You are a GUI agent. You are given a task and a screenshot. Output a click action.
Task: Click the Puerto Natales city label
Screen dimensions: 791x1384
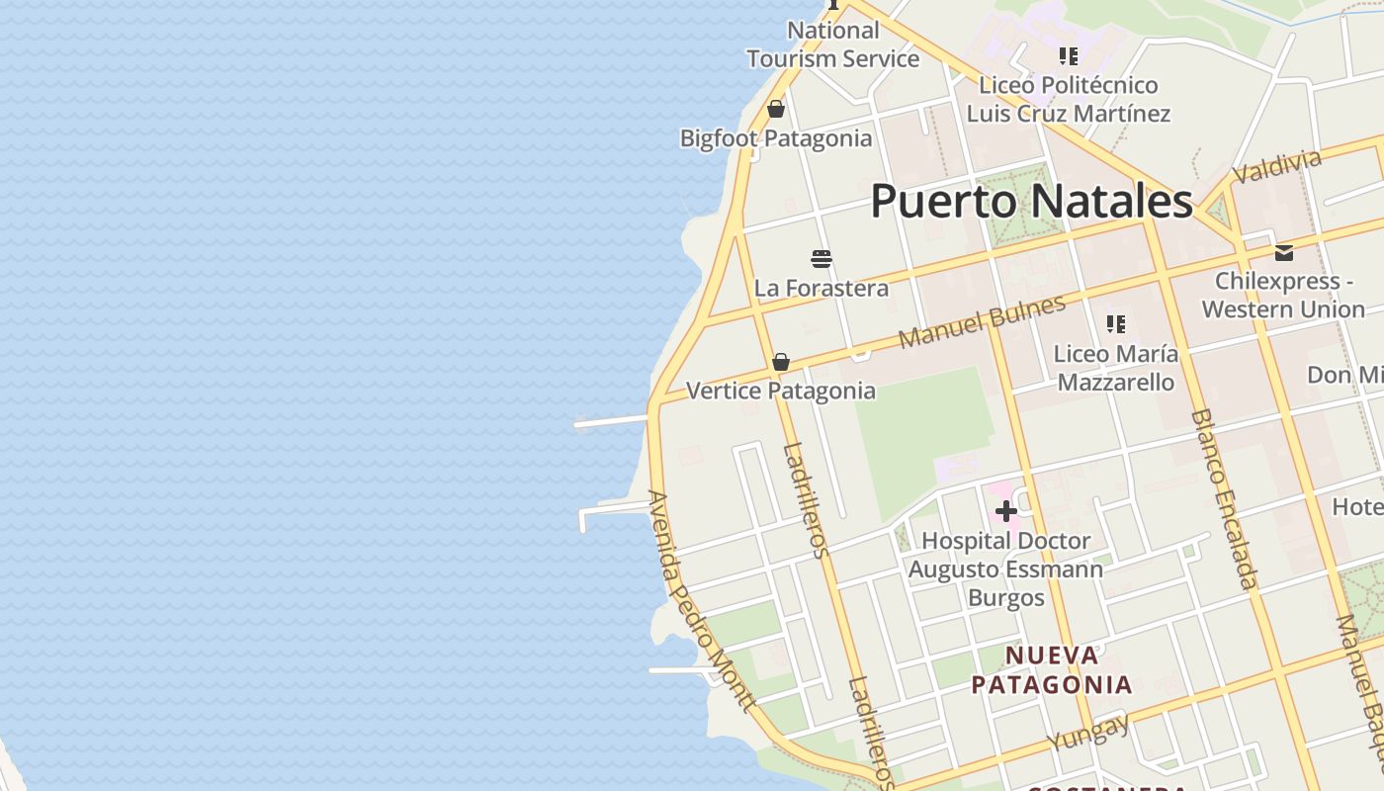[1031, 202]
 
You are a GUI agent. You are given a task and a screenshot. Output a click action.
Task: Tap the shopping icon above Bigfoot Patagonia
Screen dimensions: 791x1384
[776, 109]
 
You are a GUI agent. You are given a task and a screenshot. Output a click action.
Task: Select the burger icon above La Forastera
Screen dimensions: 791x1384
[822, 259]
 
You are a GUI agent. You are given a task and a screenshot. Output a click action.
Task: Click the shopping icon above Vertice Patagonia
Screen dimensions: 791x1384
[781, 362]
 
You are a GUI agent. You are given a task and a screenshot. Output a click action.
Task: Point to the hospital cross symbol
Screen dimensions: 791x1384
[1006, 511]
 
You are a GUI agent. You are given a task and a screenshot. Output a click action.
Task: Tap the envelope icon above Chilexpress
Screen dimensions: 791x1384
[1284, 253]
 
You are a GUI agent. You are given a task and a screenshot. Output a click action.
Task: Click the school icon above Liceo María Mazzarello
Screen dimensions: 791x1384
[1116, 324]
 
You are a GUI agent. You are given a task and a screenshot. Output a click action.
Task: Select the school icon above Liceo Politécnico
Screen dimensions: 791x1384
[1068, 56]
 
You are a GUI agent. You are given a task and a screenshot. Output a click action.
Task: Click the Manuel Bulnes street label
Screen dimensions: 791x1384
[982, 321]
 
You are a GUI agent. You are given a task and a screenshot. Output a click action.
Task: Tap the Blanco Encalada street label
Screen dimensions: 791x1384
[1224, 498]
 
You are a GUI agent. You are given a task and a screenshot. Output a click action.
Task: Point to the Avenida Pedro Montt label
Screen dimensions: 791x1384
[701, 600]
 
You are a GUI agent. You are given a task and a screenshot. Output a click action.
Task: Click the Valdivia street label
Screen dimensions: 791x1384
[1276, 166]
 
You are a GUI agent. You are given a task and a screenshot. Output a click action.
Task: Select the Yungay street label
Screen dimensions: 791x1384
[1088, 732]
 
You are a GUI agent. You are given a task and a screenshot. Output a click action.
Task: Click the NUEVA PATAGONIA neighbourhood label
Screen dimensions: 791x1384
[1051, 669]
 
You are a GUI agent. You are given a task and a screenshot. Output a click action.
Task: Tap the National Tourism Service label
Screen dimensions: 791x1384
[832, 44]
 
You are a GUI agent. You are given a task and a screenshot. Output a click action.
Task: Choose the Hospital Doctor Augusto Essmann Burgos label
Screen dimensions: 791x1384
[1005, 570]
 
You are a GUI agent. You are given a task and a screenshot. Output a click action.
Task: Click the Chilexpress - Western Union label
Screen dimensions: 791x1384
[1283, 295]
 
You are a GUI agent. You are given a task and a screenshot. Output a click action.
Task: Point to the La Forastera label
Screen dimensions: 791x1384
[822, 288]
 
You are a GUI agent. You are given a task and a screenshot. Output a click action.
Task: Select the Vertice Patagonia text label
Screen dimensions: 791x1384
[780, 391]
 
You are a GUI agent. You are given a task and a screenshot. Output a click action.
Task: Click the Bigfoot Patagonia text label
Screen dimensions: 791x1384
[776, 138]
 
